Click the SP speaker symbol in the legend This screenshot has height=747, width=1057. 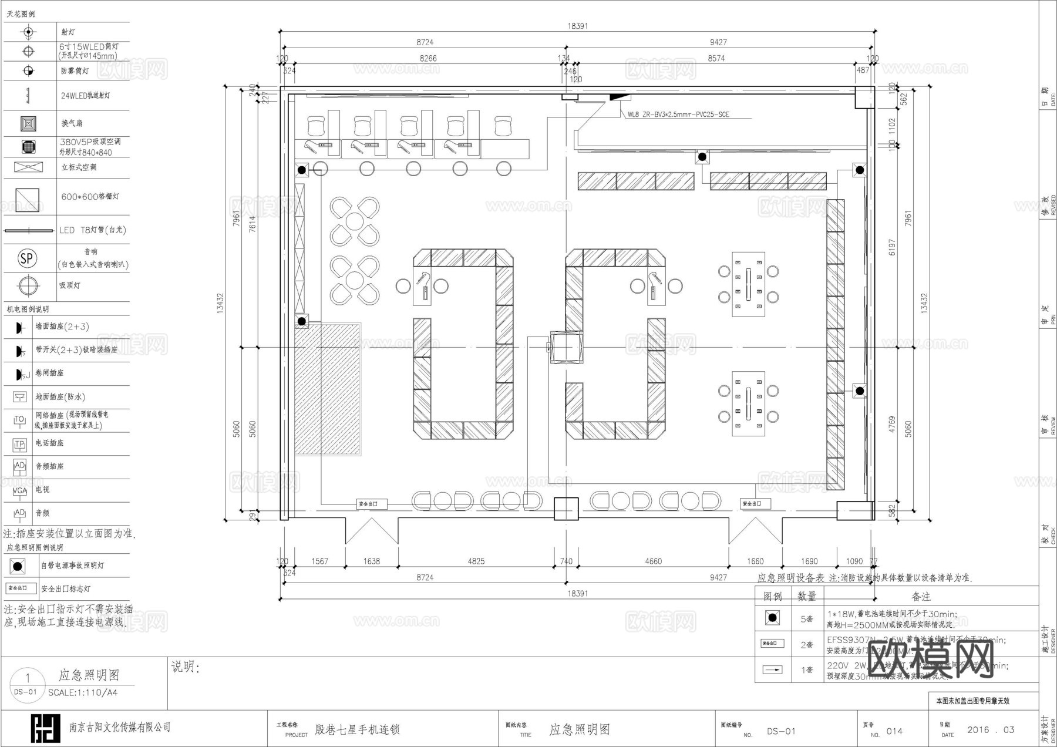27,258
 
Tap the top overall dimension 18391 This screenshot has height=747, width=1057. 577,26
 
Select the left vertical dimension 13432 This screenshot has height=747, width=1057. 221,304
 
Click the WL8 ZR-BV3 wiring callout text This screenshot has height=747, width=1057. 678,115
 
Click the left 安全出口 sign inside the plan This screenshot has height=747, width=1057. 372,504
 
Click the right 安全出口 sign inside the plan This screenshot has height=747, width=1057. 755,504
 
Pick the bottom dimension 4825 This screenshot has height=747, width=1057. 476,561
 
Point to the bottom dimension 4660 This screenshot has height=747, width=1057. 653,561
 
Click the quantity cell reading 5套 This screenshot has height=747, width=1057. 807,619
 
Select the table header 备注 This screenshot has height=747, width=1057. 921,597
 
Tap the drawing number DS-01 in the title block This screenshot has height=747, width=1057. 781,731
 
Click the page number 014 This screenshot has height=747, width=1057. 894,731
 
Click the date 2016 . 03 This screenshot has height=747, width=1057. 991,730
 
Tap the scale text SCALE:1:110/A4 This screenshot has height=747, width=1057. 83,692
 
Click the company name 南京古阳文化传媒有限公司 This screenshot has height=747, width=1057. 120,728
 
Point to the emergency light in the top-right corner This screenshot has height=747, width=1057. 860,170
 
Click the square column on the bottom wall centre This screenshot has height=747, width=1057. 566,509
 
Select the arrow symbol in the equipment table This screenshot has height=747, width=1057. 772,669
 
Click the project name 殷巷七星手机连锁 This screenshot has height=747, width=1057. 357,730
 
